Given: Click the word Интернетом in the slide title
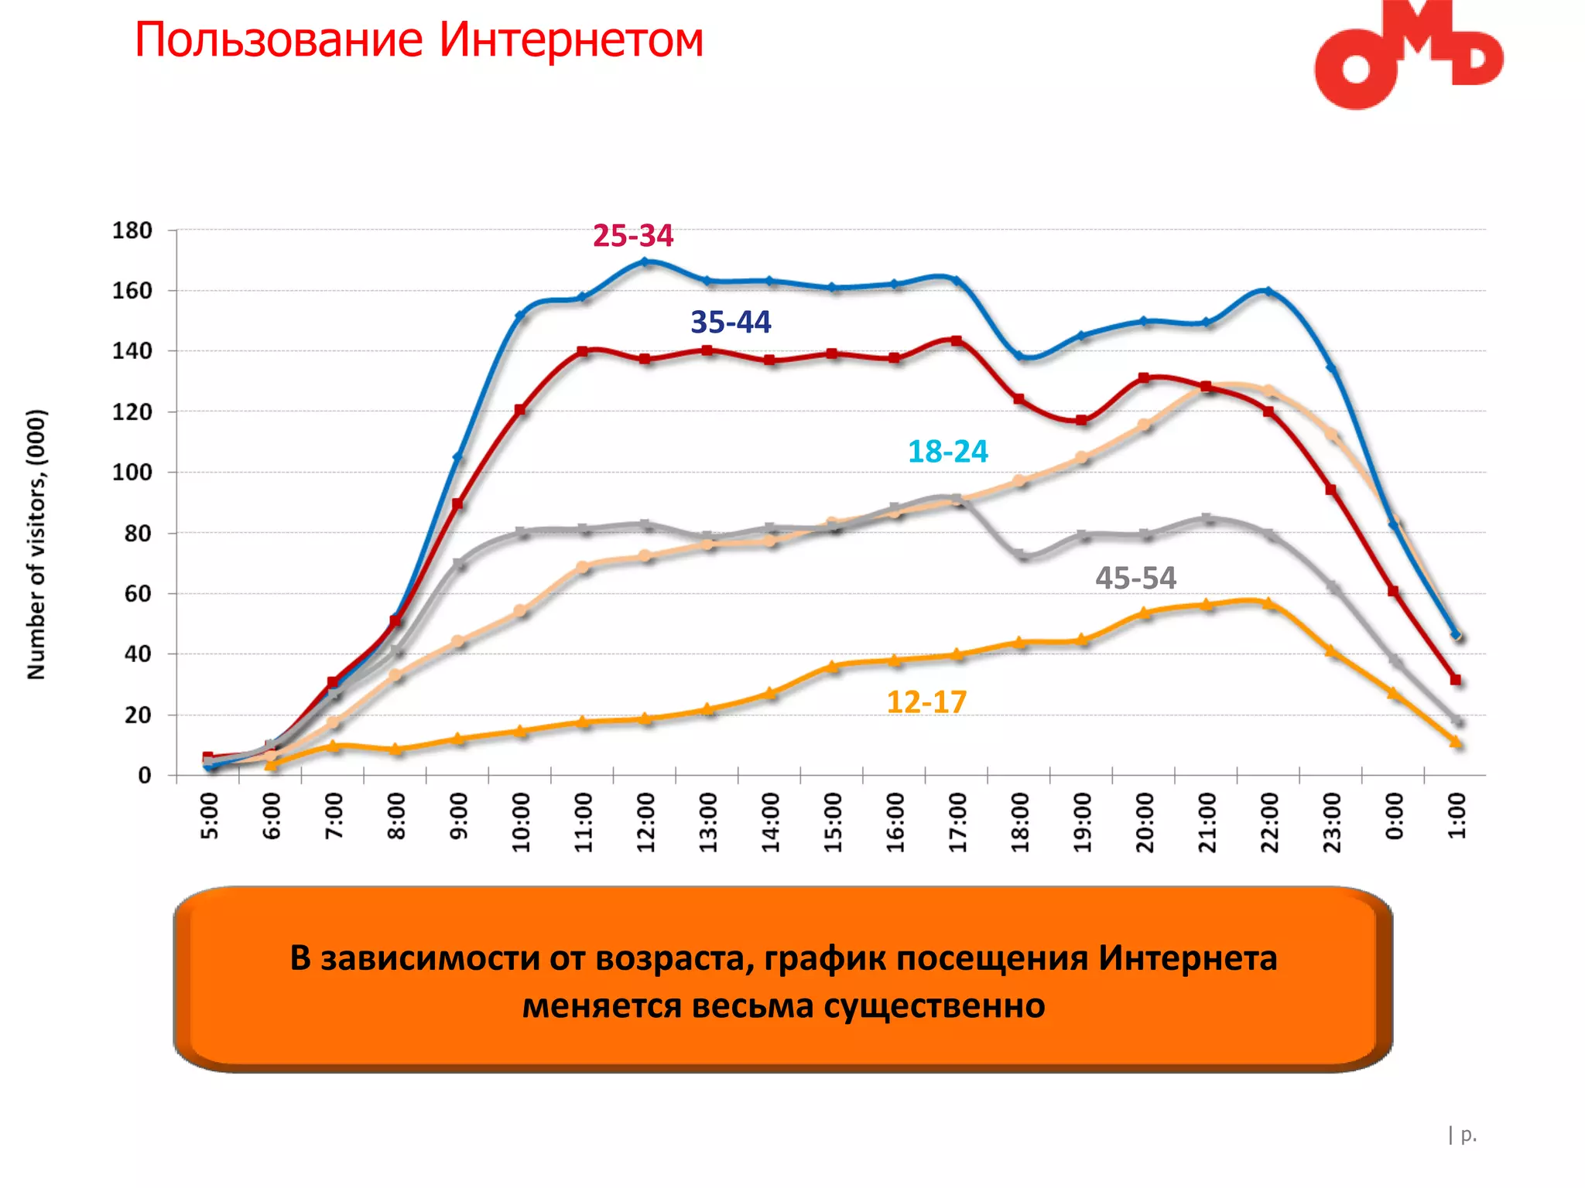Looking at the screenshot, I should click(571, 40).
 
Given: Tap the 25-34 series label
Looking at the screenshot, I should click(633, 236).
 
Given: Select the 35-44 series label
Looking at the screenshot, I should click(731, 322).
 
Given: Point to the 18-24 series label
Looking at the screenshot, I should click(947, 452).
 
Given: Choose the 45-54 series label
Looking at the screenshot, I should click(1135, 579).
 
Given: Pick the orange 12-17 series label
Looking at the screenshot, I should click(926, 702).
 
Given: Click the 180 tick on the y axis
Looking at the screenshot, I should click(132, 230).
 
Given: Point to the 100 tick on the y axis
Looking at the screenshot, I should click(132, 473).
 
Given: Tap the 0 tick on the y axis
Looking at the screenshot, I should click(145, 776).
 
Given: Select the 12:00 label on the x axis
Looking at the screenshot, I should click(646, 822).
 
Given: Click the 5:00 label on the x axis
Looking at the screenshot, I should click(210, 817).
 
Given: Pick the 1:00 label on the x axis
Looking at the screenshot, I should click(1457, 817).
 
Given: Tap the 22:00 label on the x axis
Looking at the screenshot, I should click(1269, 822).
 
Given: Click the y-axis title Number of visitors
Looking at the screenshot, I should click(36, 544).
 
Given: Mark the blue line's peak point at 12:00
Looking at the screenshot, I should click(645, 262).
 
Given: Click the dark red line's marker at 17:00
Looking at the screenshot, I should click(957, 341).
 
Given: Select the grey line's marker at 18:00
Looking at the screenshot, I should click(1020, 556).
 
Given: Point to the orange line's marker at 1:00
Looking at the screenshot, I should click(1455, 742).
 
